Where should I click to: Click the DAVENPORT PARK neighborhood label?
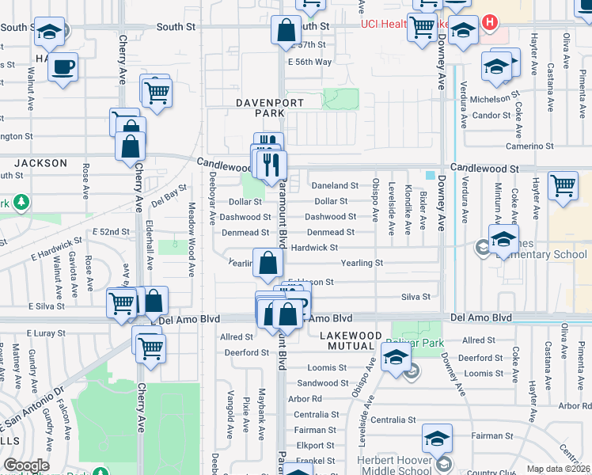click(x=260, y=108)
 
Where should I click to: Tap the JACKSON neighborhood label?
click(x=41, y=163)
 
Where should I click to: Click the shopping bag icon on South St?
click(x=285, y=32)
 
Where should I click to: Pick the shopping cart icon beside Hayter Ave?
click(x=563, y=186)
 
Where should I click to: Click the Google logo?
click(x=26, y=465)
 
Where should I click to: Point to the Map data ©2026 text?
click(x=559, y=469)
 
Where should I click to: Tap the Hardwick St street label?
click(x=314, y=248)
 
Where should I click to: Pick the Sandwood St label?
click(x=317, y=383)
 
